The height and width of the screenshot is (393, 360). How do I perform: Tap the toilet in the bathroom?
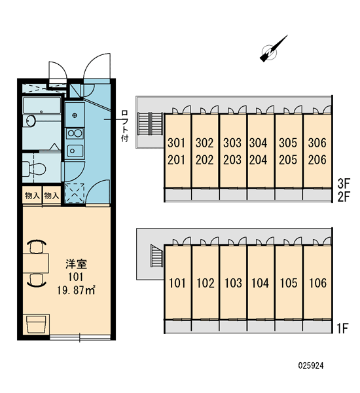34,168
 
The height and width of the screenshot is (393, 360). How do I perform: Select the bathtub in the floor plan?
42,105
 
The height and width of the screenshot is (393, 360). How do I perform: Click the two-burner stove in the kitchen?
75,134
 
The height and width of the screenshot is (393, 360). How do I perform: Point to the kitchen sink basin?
75,151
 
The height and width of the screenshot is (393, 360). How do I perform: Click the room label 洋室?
77,264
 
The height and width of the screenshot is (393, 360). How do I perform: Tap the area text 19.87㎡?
76,291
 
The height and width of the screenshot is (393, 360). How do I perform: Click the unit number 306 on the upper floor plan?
317,143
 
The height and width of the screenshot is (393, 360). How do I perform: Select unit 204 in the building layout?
258,160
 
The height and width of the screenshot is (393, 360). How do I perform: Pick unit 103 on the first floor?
233,283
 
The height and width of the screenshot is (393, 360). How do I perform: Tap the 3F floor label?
344,183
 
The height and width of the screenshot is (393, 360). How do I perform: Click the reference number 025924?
311,366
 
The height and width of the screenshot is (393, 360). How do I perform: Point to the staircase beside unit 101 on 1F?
157,255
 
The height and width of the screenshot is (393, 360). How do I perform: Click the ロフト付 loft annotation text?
124,126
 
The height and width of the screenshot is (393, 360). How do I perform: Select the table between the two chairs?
35,263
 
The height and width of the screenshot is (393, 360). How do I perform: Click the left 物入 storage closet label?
32,195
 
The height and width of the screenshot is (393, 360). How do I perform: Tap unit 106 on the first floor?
317,283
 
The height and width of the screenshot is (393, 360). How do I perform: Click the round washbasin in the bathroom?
31,121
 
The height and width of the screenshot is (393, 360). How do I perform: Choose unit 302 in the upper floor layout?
204,143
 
